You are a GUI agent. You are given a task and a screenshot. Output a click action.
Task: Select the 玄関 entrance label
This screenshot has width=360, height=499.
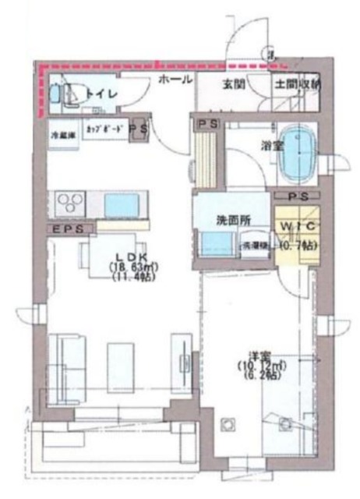click(231, 83)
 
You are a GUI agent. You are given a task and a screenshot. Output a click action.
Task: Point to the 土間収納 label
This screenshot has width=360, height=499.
click(297, 83)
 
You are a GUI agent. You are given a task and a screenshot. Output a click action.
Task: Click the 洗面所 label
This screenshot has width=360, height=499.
click(231, 221)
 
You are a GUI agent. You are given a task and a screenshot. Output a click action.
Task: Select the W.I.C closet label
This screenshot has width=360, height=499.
click(295, 226)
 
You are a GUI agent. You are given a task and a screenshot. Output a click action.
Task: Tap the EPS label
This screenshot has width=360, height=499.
click(68, 228)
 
